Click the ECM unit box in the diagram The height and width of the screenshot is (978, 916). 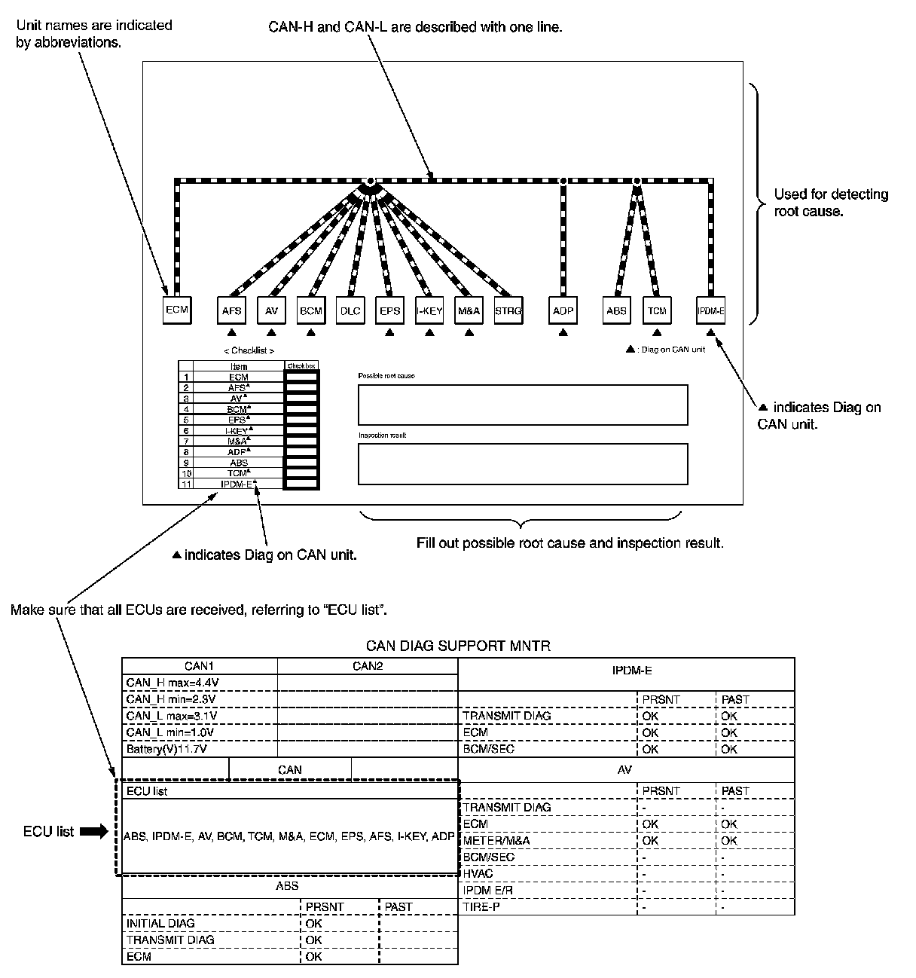(x=176, y=310)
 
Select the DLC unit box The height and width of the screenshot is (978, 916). (x=350, y=310)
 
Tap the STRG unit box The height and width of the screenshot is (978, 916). (x=508, y=310)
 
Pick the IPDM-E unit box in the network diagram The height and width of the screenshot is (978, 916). (x=710, y=310)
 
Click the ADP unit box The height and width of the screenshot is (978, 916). (x=563, y=310)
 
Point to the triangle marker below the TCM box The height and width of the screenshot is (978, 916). (x=657, y=332)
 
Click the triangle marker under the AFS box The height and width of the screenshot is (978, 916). (x=231, y=332)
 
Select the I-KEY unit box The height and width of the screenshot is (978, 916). (x=429, y=310)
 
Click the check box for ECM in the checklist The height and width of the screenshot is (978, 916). (x=301, y=377)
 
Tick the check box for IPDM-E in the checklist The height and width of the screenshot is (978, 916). (x=301, y=484)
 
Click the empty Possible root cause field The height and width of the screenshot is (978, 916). (x=522, y=405)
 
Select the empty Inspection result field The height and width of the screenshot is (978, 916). (x=522, y=463)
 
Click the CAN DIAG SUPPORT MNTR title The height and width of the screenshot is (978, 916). (x=458, y=646)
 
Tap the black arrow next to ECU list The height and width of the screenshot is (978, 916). (x=94, y=832)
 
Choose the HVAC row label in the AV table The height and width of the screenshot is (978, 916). (x=478, y=873)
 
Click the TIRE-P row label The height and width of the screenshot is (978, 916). (x=481, y=906)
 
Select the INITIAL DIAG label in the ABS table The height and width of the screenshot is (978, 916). (x=160, y=923)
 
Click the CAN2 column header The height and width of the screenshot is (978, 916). (x=368, y=666)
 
